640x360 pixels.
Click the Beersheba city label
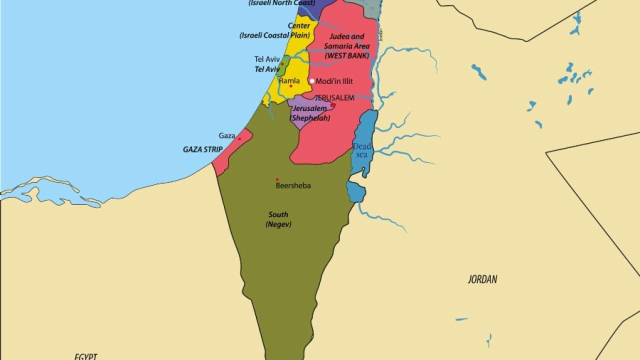[x=293, y=185]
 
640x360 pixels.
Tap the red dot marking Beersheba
[x=276, y=179]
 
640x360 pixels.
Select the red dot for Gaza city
[x=239, y=139]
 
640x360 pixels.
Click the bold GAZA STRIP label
[x=202, y=149]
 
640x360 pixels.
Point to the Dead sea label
[x=362, y=150]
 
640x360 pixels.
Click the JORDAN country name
[x=482, y=279]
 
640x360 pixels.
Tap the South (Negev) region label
[x=278, y=219]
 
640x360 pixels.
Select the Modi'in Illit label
[x=334, y=81]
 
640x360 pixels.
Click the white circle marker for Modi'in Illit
[x=312, y=81]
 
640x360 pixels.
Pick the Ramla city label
[x=289, y=80]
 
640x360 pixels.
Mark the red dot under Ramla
[x=290, y=86]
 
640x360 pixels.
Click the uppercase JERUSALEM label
[x=334, y=98]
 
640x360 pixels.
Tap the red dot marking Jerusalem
[x=332, y=105]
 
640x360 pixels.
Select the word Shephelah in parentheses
[x=310, y=118]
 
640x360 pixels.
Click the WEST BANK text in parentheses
[x=346, y=55]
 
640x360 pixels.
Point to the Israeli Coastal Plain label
[x=274, y=35]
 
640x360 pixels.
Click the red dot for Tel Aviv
[x=282, y=64]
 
